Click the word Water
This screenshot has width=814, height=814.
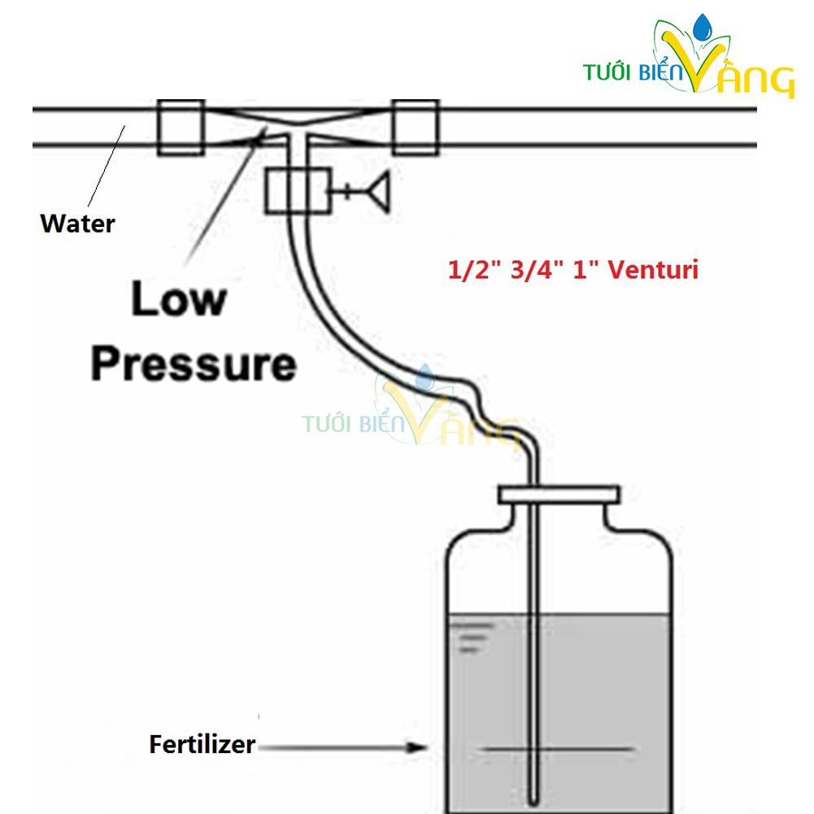click(77, 224)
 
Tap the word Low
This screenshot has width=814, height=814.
click(179, 298)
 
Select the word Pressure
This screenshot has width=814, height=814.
click(194, 364)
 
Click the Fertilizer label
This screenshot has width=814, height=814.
click(202, 744)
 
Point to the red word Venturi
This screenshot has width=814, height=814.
click(653, 270)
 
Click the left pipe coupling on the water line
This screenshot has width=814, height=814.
click(181, 127)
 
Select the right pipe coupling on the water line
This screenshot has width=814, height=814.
click(416, 127)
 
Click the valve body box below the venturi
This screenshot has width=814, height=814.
click(298, 190)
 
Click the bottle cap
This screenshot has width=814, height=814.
click(559, 494)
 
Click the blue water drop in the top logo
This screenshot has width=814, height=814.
click(703, 27)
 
